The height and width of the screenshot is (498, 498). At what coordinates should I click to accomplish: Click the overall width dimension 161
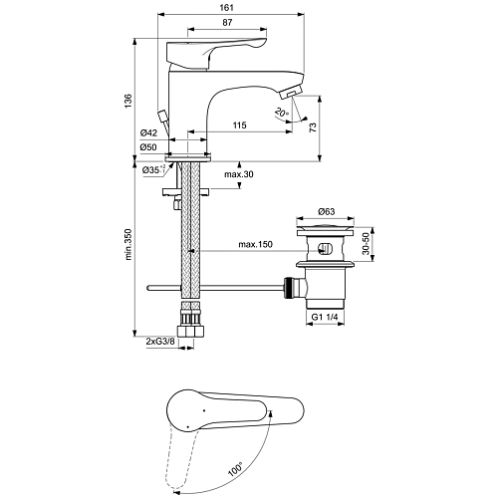click(x=227, y=7)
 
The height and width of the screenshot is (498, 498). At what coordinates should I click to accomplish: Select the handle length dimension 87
click(x=227, y=23)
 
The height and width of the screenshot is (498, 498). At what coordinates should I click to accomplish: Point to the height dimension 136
click(x=128, y=101)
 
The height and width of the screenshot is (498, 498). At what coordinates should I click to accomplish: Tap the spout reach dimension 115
click(x=239, y=124)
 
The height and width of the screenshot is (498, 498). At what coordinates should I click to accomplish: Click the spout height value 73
click(x=313, y=127)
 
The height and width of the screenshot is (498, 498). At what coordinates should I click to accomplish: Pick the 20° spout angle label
click(x=282, y=113)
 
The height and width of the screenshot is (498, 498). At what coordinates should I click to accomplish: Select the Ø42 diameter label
click(x=148, y=132)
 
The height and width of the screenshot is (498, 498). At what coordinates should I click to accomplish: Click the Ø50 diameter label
click(x=148, y=147)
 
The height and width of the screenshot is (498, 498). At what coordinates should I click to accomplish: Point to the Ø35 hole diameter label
click(x=153, y=170)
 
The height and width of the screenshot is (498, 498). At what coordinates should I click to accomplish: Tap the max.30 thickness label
click(x=239, y=174)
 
